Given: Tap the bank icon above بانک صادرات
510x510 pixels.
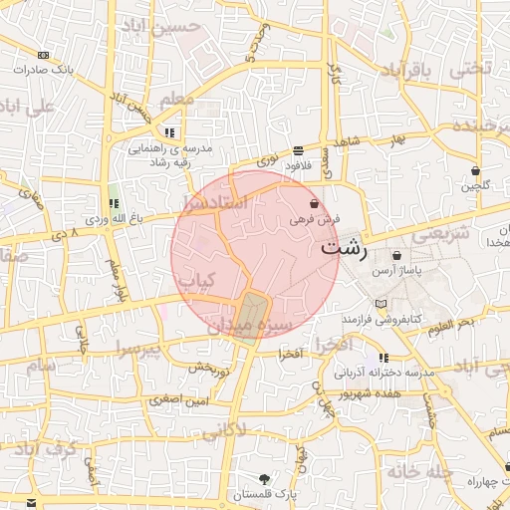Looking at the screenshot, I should point(43,56).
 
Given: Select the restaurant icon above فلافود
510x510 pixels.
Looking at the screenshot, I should point(299,150).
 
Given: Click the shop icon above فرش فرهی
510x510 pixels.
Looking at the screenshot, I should point(315,202).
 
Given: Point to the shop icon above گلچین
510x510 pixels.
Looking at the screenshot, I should point(475,171).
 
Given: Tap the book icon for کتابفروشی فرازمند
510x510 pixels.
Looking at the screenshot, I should point(380,303).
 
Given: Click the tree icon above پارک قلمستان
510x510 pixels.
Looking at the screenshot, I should point(264,478).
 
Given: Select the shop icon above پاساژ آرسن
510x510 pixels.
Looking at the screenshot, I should point(396,255).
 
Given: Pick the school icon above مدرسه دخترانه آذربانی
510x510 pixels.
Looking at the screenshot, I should point(383,358).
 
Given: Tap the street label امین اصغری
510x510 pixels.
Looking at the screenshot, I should point(178,400).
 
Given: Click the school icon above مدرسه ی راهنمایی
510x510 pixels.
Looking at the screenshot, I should point(170,132).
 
